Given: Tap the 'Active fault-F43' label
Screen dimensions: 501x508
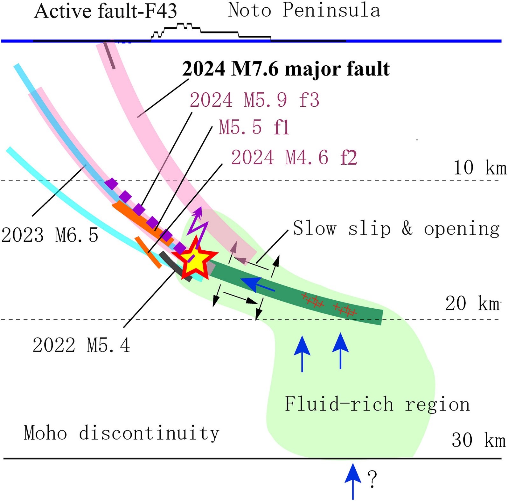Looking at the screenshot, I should point(105,11).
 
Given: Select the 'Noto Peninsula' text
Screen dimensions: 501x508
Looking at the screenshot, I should point(304,10).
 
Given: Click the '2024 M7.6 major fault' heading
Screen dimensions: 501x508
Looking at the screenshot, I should point(286,69).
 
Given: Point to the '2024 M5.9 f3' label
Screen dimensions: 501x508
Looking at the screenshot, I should point(254,100).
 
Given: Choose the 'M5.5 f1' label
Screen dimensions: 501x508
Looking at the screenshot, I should point(254,127).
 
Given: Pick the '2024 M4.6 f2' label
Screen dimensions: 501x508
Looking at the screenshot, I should point(294,157).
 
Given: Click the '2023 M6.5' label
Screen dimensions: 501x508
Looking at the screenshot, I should point(50,235).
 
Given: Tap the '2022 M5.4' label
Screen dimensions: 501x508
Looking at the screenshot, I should point(81,345).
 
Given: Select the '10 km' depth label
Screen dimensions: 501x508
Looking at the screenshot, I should point(480,168).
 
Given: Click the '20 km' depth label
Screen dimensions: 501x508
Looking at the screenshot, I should point(472,303).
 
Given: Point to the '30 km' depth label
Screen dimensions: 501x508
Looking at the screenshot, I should point(478,440).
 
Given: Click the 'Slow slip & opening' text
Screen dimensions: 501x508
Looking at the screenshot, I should point(396,229).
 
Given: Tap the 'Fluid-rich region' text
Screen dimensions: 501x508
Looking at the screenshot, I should point(377,404).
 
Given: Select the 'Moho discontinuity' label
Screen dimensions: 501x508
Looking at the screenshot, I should point(122,433).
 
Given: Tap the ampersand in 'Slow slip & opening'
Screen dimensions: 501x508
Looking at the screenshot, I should point(407,229).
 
